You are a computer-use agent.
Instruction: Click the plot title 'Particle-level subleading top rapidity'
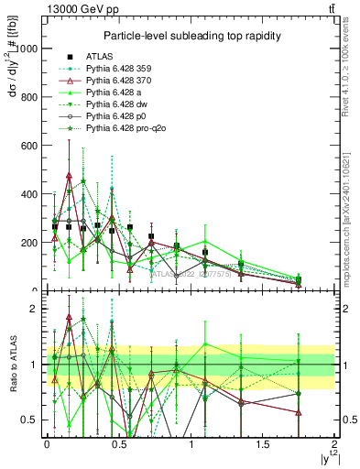[x=191, y=35]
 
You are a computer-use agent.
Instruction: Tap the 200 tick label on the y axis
[x=29, y=243]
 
